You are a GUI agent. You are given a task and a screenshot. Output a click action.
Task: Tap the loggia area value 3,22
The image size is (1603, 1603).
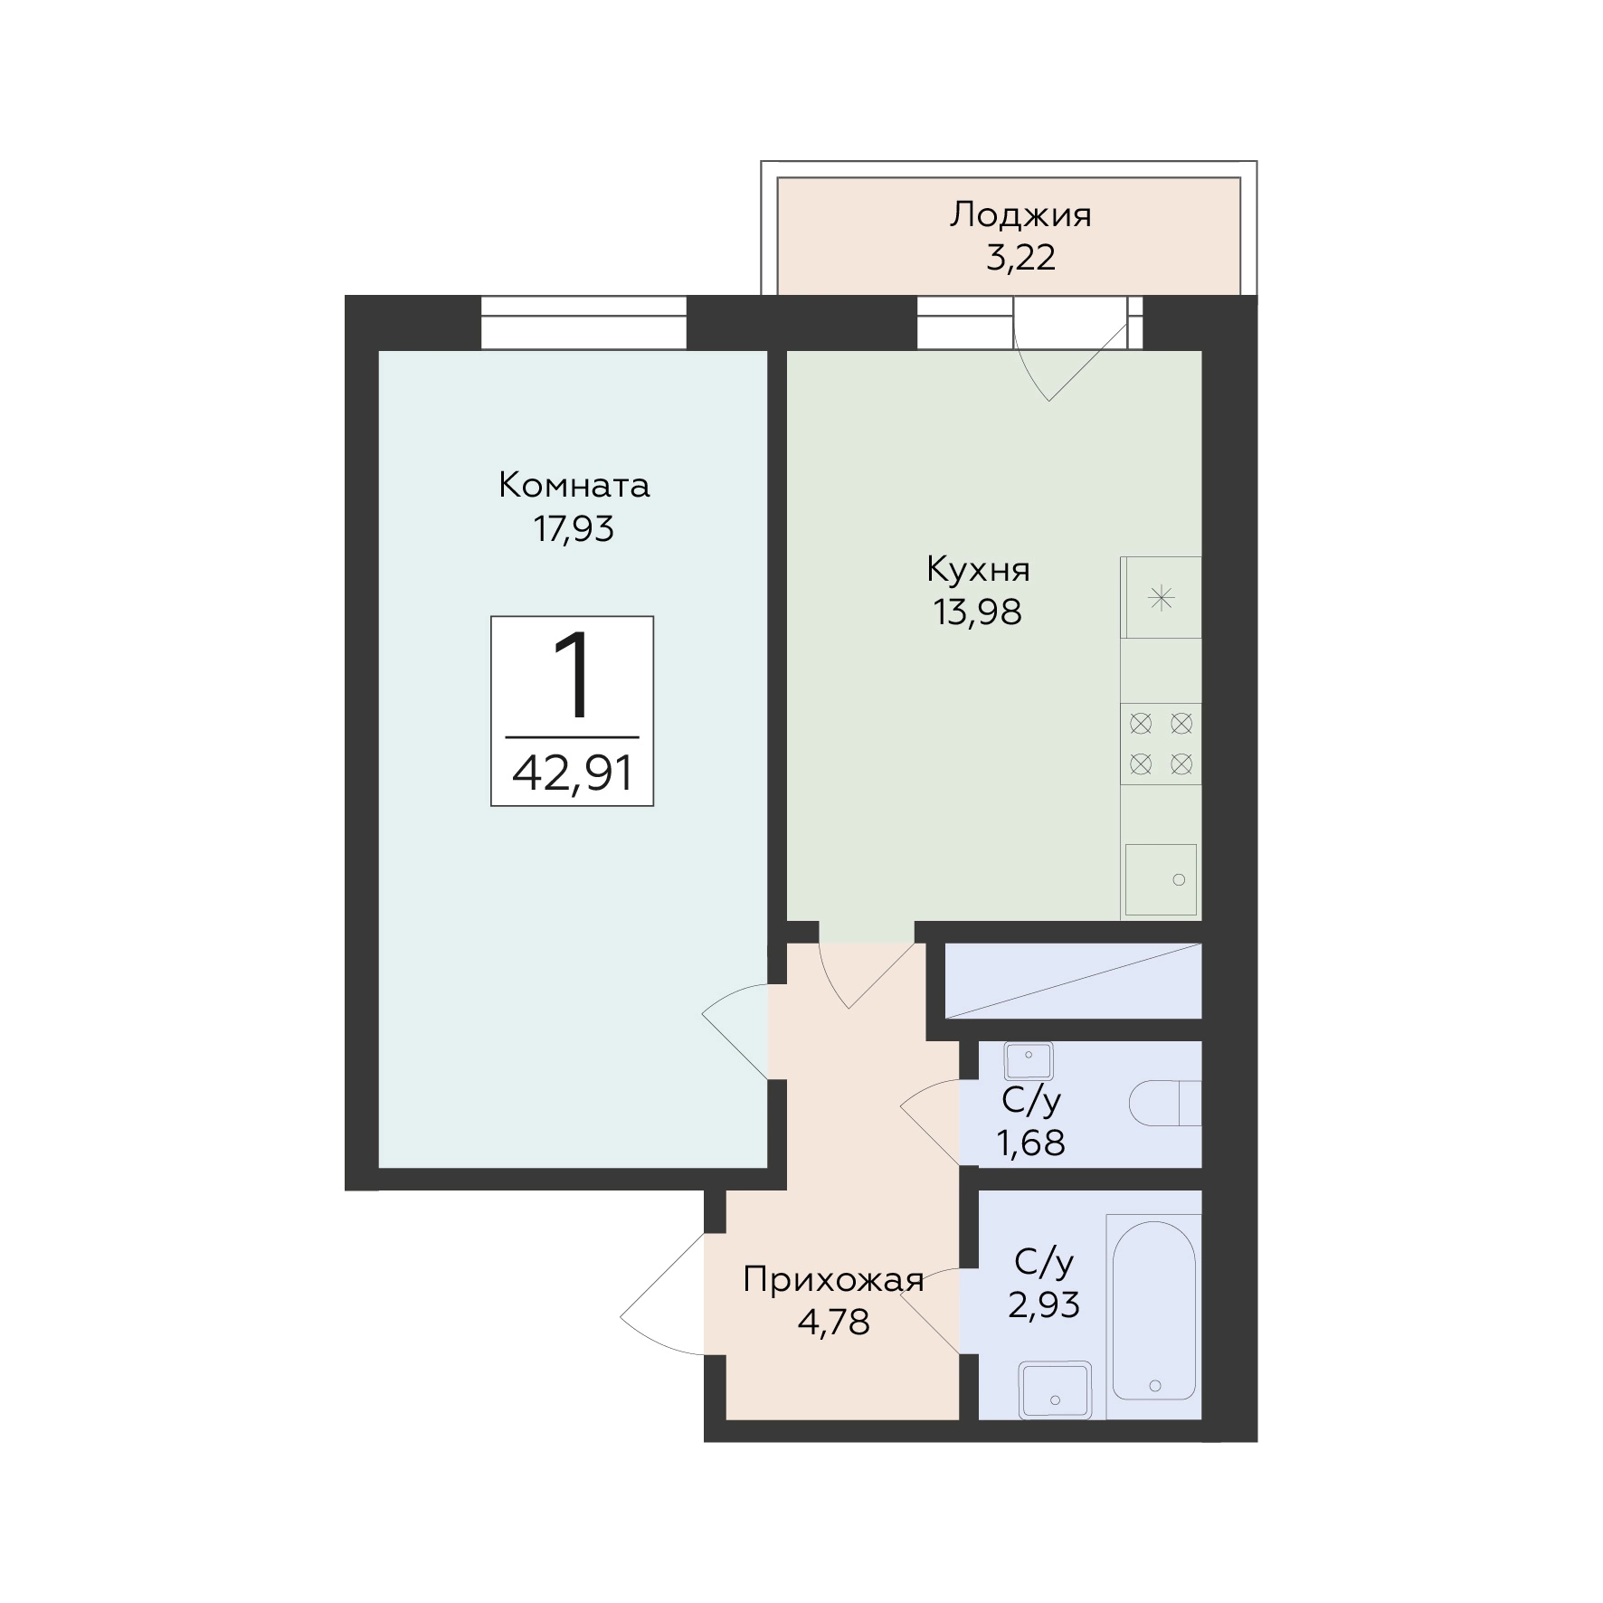point(1020,259)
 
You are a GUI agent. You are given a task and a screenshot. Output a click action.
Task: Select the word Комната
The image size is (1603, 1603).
point(574,486)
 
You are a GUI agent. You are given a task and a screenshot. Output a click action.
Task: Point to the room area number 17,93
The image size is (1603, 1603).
point(574,528)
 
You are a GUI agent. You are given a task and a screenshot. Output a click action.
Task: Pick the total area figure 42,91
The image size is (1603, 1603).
point(572,773)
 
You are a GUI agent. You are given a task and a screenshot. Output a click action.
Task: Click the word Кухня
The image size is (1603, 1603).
point(978,571)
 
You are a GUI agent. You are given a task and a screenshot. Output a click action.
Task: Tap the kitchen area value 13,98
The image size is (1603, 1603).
point(978,612)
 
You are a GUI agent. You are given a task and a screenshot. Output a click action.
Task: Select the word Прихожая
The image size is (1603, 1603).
point(833,1281)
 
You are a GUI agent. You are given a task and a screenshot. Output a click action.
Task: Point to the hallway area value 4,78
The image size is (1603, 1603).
point(833,1323)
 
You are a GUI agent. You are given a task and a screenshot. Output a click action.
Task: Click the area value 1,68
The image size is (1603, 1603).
point(1030,1143)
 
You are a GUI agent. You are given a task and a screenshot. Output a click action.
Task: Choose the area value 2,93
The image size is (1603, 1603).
point(1044,1304)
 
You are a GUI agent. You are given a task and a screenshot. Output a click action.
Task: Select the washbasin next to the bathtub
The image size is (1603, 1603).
point(1055,1390)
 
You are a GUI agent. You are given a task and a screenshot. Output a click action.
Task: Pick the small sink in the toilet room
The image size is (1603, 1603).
point(1029,1060)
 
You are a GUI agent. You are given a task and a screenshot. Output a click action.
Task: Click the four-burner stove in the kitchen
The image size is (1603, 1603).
point(1161,744)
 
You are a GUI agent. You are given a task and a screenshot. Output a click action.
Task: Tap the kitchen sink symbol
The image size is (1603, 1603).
point(1161,879)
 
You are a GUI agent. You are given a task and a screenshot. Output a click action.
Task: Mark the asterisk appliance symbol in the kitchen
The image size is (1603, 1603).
point(1162,597)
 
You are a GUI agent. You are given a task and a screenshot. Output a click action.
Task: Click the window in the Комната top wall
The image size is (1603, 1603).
point(583,322)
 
